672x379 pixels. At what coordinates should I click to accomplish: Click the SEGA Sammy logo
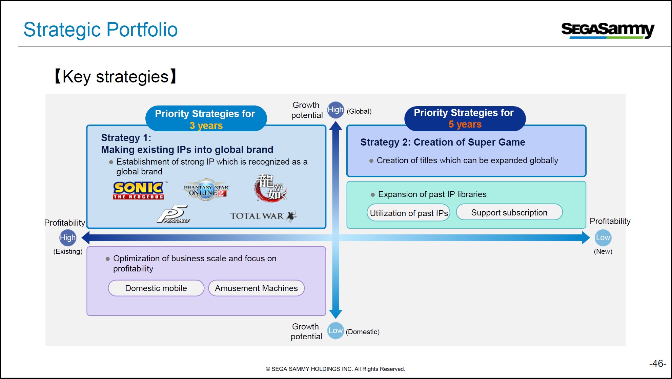[x=608, y=30]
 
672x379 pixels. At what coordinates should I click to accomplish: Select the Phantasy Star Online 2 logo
[x=206, y=190]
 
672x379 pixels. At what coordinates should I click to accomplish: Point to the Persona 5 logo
[x=174, y=214]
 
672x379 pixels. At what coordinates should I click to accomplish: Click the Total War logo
[x=263, y=216]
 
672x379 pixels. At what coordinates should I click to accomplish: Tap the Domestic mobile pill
[x=156, y=288]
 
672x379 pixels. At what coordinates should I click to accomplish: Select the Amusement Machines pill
[x=256, y=288]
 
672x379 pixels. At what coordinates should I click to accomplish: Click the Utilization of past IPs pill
[x=409, y=213]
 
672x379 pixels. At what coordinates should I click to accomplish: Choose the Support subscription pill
[x=509, y=212]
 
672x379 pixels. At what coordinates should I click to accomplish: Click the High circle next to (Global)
[x=335, y=110]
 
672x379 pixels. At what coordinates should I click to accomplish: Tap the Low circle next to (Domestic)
[x=335, y=330]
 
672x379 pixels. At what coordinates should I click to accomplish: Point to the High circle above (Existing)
[x=68, y=238]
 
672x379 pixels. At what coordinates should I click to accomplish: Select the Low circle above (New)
[x=603, y=238]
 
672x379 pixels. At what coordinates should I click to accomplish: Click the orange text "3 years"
[x=206, y=126]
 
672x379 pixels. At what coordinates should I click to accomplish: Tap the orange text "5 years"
[x=465, y=124]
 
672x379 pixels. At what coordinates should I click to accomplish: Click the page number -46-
[x=658, y=363]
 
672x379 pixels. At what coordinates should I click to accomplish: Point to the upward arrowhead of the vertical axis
[x=336, y=126]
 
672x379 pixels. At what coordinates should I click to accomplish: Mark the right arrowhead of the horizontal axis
[x=586, y=238]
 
